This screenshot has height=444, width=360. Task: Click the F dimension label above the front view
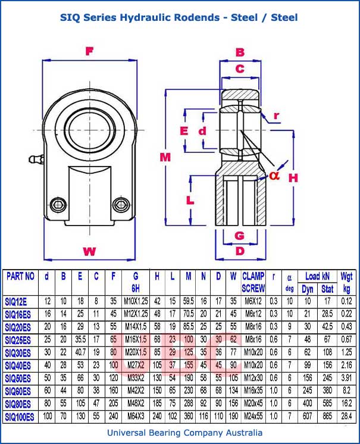[x=89, y=52]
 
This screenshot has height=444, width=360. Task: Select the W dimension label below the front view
[x=89, y=251]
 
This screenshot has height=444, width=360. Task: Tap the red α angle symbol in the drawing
[x=273, y=175]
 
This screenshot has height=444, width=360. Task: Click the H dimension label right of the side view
[x=293, y=177]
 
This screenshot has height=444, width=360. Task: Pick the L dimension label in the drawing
[x=190, y=200]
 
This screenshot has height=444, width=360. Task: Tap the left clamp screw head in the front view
[x=58, y=205]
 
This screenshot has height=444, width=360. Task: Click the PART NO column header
[x=21, y=276]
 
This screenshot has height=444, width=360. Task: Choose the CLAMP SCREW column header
[x=253, y=282]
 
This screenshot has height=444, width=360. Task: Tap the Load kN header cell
[x=317, y=276]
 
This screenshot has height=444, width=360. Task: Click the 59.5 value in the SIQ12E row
[x=188, y=301]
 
